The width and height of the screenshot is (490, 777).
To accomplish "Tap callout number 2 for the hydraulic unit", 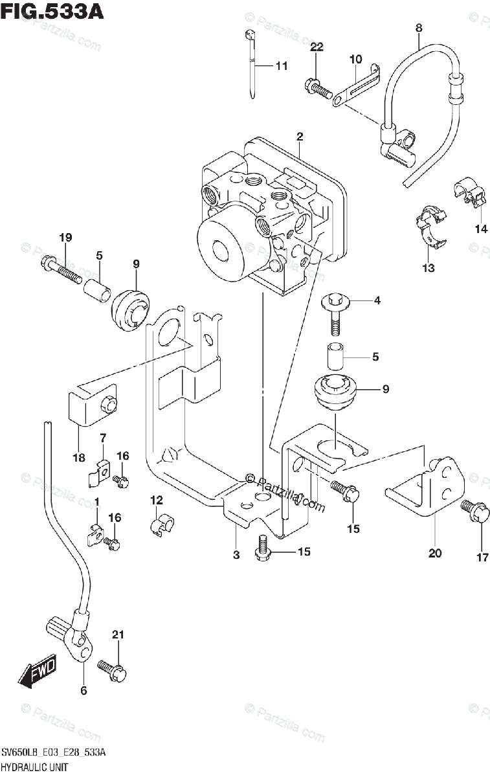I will pyautogui.click(x=300, y=137).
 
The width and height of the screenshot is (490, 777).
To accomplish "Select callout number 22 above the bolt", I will pyautogui.click(x=316, y=47).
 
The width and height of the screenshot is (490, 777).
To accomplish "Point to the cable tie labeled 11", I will pyautogui.click(x=251, y=65).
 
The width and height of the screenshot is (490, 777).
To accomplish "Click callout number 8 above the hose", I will pyautogui.click(x=418, y=28).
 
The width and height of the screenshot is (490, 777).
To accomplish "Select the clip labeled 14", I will pyautogui.click(x=469, y=191).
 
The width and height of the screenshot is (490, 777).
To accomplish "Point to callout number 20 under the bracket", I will pyautogui.click(x=434, y=552).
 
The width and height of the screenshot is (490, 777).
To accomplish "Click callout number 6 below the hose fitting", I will pyautogui.click(x=83, y=690).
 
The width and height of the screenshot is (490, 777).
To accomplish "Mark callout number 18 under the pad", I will pyautogui.click(x=79, y=458).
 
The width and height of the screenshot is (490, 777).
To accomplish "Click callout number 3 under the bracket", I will pyautogui.click(x=236, y=555).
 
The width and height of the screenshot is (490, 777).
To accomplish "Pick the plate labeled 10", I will pyautogui.click(x=355, y=84).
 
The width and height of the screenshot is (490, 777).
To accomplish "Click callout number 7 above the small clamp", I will pyautogui.click(x=103, y=439).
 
